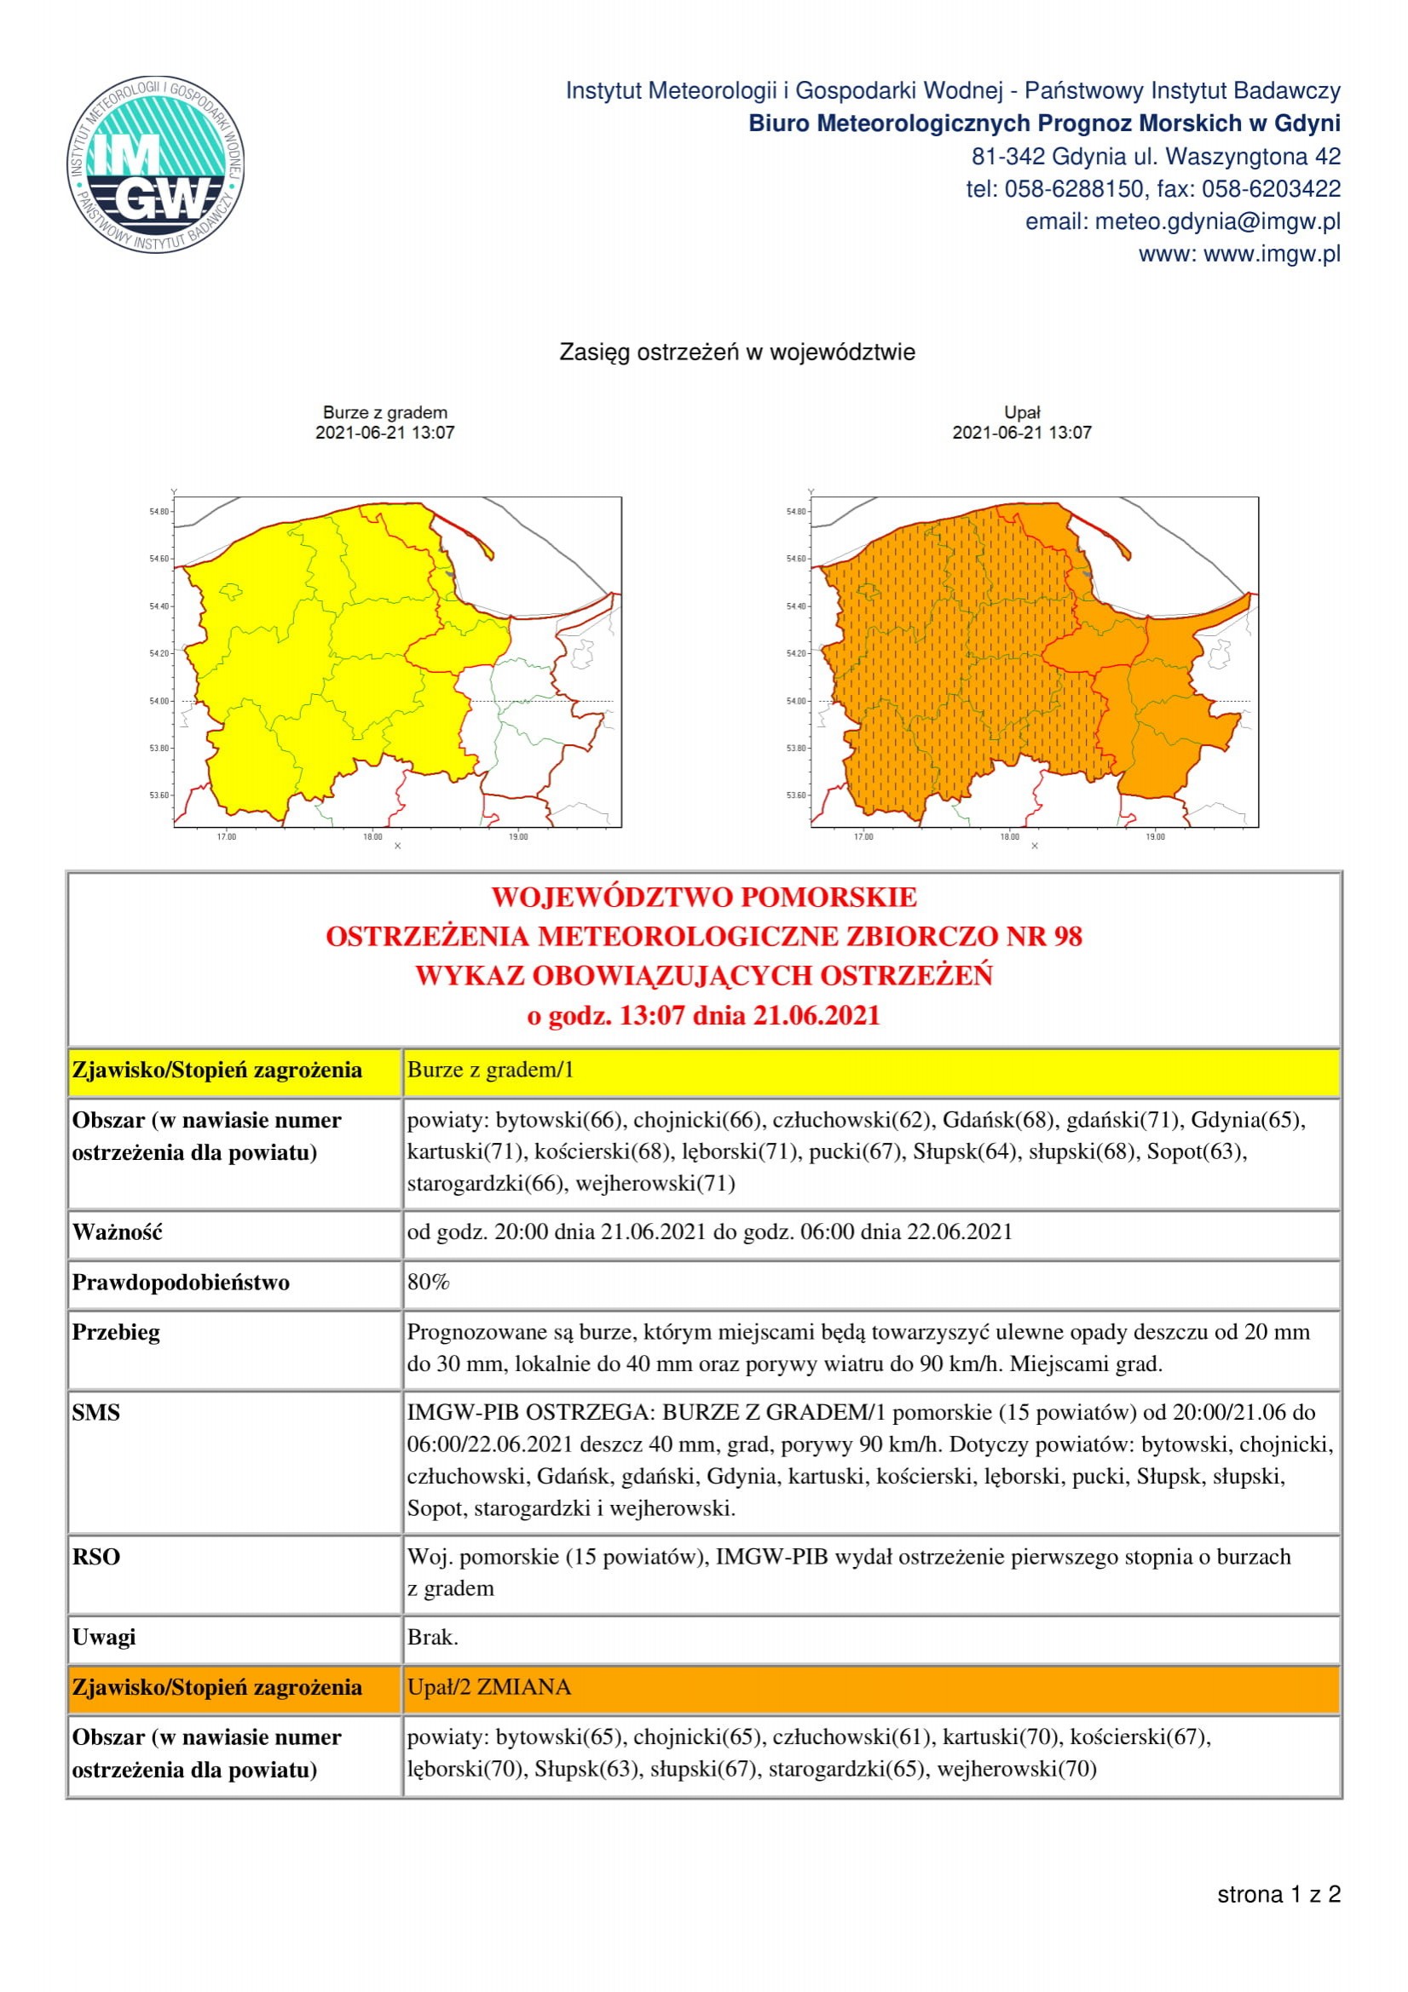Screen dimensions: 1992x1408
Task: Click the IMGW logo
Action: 156,164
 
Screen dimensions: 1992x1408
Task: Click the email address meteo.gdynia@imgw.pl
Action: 1217,222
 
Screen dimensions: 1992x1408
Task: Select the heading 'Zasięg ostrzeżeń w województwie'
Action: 737,353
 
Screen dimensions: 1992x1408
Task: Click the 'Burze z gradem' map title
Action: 384,413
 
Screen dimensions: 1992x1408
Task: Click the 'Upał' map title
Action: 1022,413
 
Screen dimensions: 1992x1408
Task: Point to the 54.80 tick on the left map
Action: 159,512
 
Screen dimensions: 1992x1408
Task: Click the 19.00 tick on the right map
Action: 1156,836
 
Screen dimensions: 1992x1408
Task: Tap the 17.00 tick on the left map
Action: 227,836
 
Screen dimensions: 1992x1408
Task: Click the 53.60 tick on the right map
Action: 796,795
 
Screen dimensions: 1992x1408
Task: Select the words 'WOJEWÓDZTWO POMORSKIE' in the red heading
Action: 703,896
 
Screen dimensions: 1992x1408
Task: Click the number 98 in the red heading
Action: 1067,936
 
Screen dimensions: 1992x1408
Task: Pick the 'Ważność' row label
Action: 117,1232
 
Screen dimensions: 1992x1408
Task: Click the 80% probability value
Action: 428,1282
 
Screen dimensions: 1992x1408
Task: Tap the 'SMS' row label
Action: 96,1412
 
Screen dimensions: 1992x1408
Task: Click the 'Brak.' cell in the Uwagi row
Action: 432,1637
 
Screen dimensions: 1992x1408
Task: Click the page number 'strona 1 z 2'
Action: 1278,1894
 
